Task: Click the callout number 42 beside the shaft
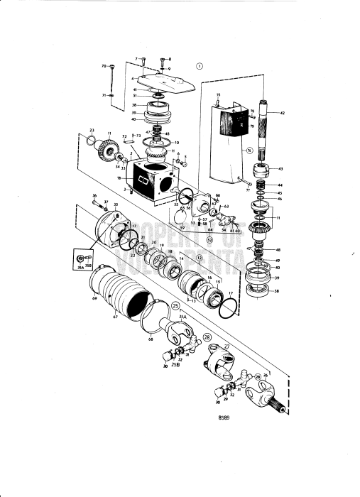tap(283, 113)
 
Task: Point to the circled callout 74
tap(249, 151)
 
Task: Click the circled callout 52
tap(210, 239)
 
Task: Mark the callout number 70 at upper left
tap(104, 66)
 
